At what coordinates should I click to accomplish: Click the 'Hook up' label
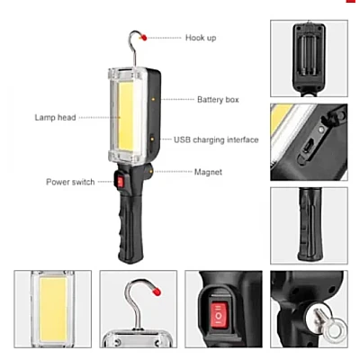(201, 38)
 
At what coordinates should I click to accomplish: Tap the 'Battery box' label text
(218, 100)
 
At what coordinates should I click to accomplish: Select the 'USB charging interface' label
(216, 139)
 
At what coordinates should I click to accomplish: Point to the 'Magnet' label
(208, 172)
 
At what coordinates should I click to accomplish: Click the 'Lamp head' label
(55, 117)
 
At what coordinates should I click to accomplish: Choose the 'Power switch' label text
(70, 182)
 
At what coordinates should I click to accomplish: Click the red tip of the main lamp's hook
(144, 38)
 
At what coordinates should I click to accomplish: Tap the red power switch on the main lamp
(120, 182)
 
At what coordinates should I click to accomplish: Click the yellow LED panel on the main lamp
(126, 116)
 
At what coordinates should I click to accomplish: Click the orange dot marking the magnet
(151, 172)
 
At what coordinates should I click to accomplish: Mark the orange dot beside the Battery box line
(153, 99)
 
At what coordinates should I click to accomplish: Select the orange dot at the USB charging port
(153, 139)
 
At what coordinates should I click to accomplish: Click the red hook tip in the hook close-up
(157, 291)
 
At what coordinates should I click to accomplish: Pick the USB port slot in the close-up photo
(307, 146)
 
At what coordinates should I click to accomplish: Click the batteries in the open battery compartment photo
(309, 55)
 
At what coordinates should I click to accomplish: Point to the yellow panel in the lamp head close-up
(53, 309)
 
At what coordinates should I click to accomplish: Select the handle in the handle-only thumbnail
(310, 224)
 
